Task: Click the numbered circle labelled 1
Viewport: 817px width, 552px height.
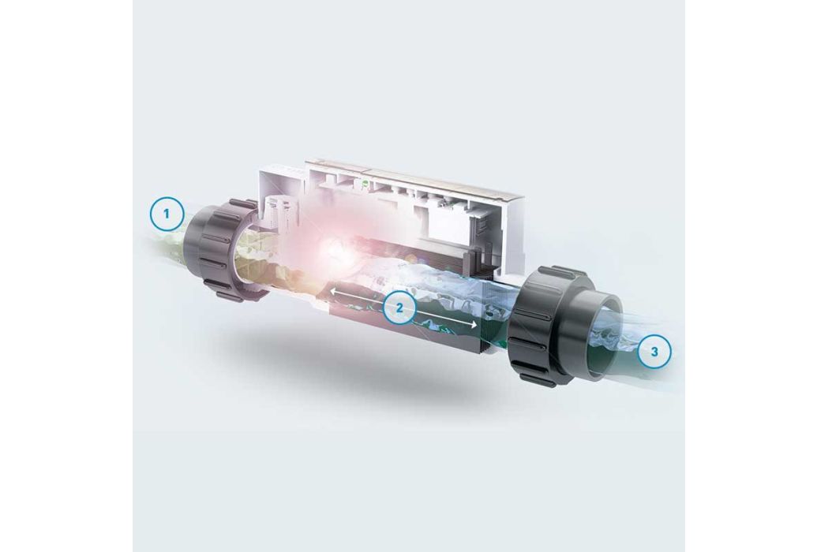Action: coord(167,214)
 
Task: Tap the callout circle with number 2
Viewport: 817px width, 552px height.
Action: coord(399,308)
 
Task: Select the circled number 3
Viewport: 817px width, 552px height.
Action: coord(654,352)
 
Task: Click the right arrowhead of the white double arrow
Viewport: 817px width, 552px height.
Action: coord(474,325)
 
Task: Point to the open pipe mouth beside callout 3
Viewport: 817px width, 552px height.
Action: coord(605,334)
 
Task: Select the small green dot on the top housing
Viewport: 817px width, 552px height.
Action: coord(365,183)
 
